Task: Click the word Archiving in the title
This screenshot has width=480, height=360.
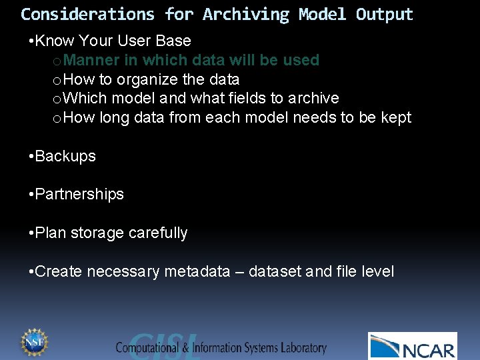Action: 246,14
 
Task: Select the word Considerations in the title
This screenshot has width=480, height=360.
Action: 87,14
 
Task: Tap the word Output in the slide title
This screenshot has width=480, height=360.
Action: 384,14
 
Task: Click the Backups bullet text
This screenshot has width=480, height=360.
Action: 65,156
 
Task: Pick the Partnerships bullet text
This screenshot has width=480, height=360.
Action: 79,195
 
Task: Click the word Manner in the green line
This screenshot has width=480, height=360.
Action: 93,60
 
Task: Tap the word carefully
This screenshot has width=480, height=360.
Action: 158,233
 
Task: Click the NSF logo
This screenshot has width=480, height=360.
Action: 33,343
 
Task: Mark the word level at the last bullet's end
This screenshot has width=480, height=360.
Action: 377,272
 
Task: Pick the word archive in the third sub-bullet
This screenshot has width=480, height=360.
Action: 313,99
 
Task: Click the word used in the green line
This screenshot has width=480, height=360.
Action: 302,60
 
